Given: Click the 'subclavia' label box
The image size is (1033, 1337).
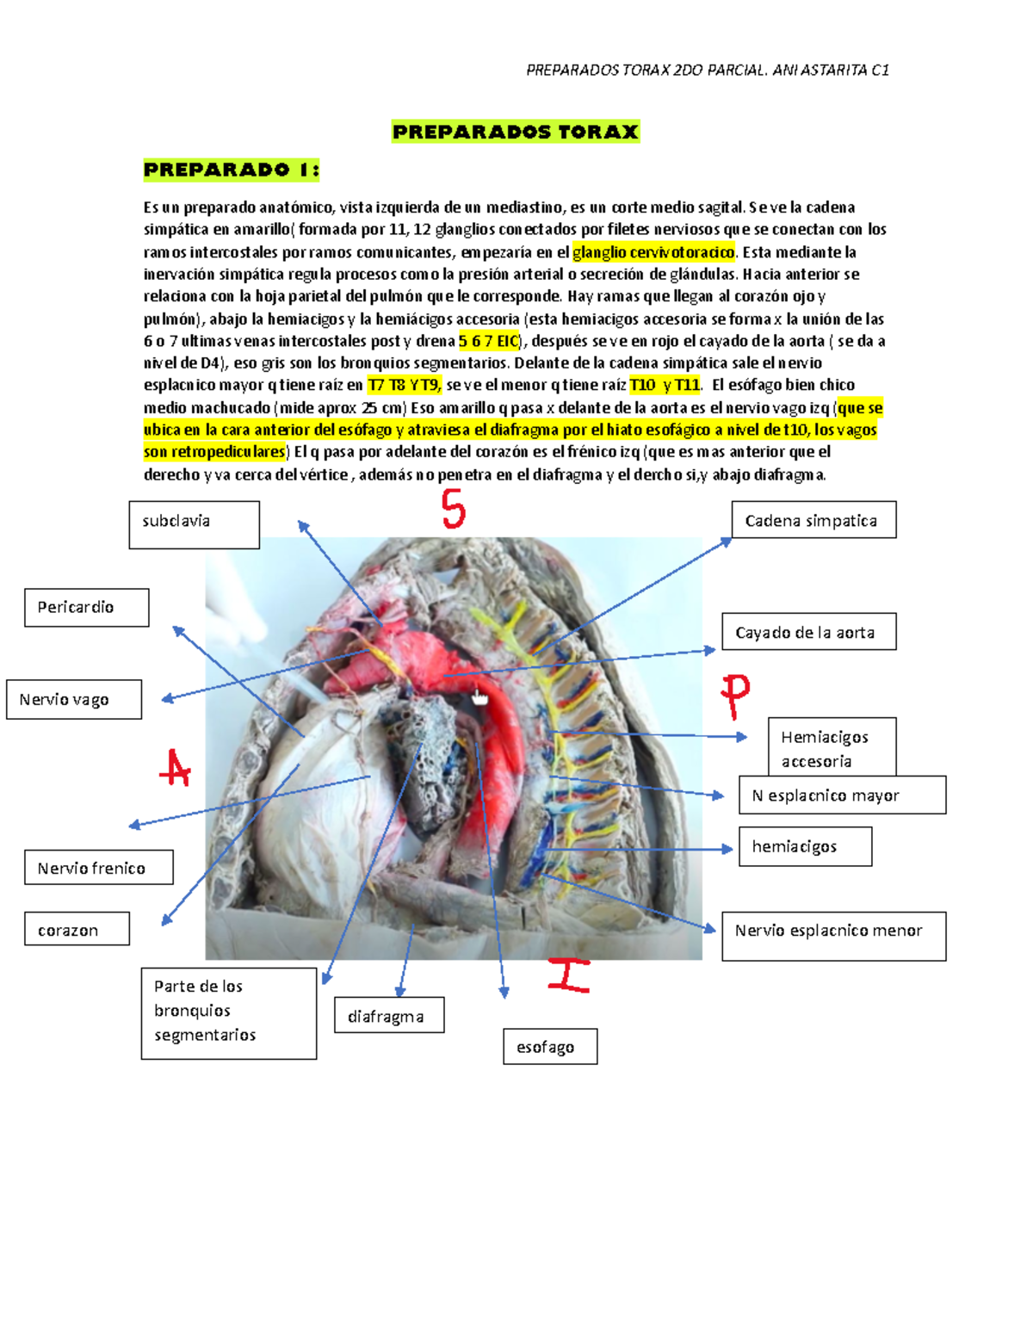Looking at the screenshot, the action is click(x=194, y=524).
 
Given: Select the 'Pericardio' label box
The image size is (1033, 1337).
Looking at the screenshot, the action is click(x=86, y=607).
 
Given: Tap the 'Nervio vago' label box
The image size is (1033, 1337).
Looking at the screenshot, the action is click(x=74, y=699).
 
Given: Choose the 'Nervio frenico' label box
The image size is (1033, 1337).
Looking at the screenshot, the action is click(x=98, y=867).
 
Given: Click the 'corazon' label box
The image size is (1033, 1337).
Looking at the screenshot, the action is click(x=77, y=929).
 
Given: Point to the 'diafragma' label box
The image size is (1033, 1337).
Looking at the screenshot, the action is click(x=389, y=1015).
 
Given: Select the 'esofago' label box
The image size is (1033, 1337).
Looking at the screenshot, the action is click(x=549, y=1046).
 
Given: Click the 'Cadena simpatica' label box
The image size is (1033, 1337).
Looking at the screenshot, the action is click(x=813, y=520).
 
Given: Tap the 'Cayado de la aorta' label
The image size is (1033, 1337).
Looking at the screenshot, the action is click(x=807, y=632).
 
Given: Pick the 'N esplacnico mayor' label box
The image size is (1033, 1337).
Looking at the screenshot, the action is click(x=841, y=795).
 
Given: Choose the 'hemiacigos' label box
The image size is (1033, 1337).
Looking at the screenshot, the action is click(x=804, y=846).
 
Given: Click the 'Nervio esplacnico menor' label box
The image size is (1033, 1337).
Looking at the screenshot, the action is click(x=832, y=935).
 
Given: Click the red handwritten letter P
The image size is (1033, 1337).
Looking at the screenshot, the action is click(x=735, y=694).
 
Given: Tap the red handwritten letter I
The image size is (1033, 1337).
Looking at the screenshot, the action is click(x=569, y=975).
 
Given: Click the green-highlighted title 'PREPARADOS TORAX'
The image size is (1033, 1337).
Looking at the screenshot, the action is click(x=515, y=132).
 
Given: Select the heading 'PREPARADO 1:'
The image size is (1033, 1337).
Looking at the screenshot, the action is click(x=231, y=170).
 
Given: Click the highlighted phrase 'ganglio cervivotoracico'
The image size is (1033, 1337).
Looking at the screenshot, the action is click(x=654, y=252).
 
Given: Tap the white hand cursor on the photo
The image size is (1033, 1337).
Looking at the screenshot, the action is click(x=479, y=697).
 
